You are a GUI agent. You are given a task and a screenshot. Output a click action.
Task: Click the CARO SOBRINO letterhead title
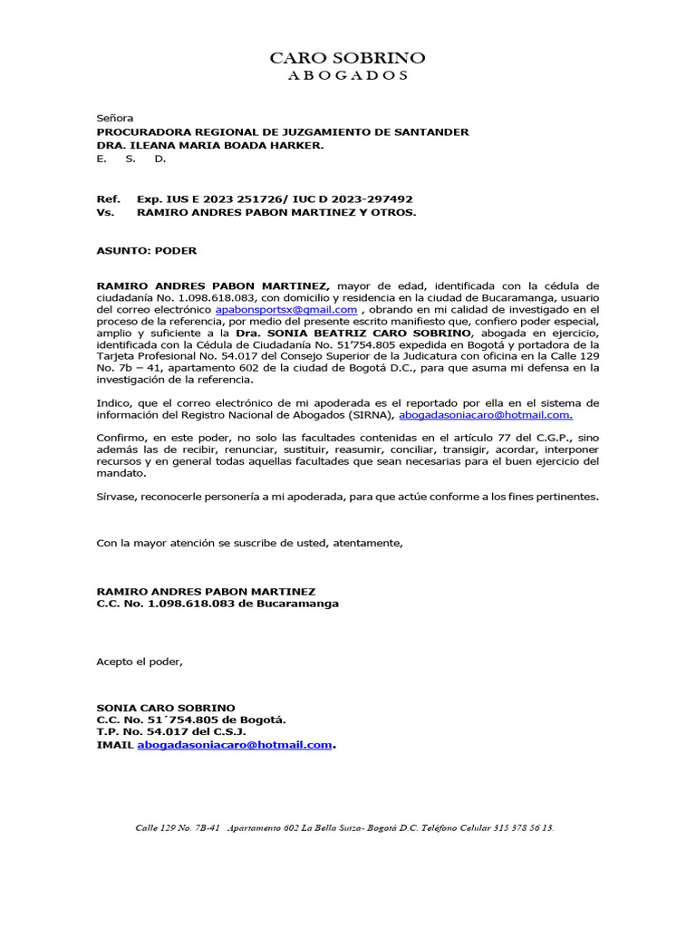(x=347, y=58)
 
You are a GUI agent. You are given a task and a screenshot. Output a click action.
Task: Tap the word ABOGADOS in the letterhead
(x=347, y=76)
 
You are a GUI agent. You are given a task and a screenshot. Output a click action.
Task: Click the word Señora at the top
(x=115, y=118)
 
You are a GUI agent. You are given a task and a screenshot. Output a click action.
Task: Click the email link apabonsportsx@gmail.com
(x=286, y=310)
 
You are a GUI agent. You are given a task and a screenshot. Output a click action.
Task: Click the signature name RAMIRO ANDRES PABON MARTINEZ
(x=207, y=591)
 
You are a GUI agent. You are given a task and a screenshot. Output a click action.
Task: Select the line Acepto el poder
(x=140, y=661)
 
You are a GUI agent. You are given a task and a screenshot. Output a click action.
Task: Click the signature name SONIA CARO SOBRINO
(x=166, y=708)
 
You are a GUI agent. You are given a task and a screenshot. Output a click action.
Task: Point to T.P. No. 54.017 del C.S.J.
(x=171, y=731)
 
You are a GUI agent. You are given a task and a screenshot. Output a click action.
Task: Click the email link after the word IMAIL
(x=235, y=744)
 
